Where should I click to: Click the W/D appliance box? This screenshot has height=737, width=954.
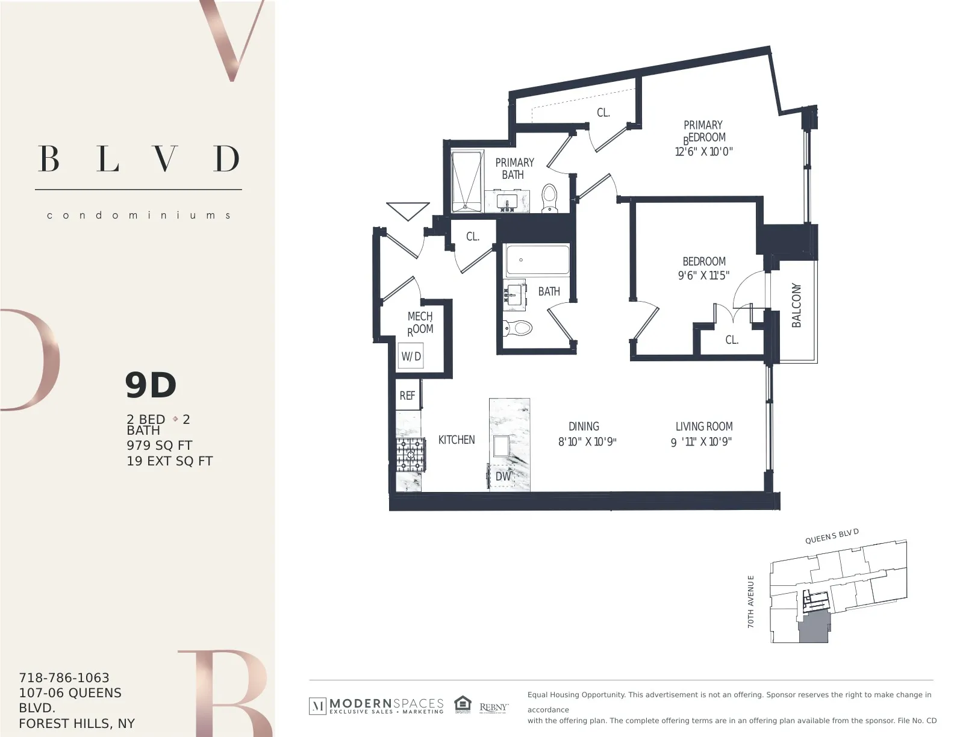(411, 356)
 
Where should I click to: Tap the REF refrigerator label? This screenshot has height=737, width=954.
(408, 396)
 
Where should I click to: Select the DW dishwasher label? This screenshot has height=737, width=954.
(503, 476)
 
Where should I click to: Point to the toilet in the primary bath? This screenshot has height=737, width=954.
(549, 199)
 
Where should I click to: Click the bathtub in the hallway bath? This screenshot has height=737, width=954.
(537, 260)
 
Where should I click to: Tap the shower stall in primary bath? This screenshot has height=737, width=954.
(467, 181)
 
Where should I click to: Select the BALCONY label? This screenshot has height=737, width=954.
(797, 305)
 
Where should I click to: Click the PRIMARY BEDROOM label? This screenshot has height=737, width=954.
(703, 131)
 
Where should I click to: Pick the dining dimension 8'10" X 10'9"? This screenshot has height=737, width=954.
(587, 442)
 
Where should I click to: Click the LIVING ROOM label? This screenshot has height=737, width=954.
(703, 426)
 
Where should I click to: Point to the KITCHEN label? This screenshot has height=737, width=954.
(457, 440)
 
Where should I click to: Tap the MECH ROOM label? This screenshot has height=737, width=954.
(420, 323)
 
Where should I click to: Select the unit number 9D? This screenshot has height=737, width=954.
(151, 385)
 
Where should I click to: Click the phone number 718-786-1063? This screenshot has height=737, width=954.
(64, 677)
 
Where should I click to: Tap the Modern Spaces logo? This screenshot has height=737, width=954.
(376, 706)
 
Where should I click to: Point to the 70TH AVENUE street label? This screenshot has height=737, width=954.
(750, 602)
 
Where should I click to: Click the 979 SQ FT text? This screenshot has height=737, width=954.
(159, 446)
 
